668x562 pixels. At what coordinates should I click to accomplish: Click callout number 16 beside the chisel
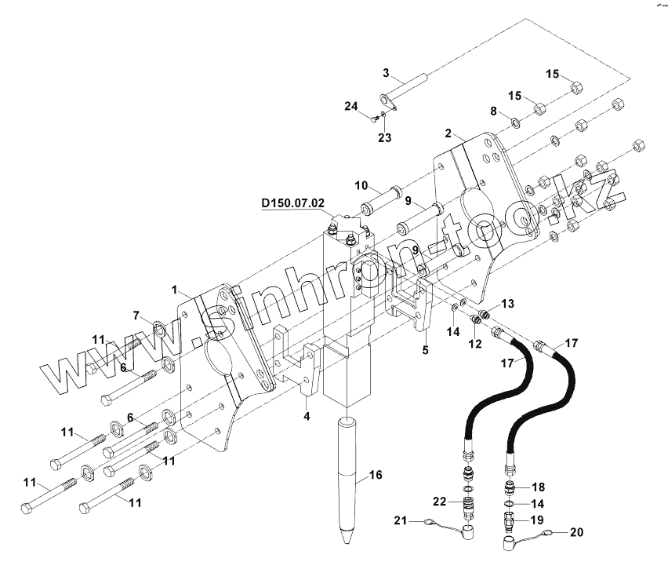376,475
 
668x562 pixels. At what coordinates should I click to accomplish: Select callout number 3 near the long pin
386,73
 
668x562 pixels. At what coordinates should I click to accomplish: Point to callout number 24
350,106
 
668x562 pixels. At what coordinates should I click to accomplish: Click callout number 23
385,138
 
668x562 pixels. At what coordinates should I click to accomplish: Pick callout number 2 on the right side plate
448,133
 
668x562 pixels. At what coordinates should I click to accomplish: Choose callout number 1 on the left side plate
175,290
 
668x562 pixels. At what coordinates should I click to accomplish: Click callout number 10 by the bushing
360,185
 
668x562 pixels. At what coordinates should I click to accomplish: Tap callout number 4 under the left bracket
307,417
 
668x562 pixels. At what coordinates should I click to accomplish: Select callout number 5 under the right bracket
425,349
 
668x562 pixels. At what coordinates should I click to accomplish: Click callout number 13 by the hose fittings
507,303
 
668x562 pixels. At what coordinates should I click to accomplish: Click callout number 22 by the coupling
439,502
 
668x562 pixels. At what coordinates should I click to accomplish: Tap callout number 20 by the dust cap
576,531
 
